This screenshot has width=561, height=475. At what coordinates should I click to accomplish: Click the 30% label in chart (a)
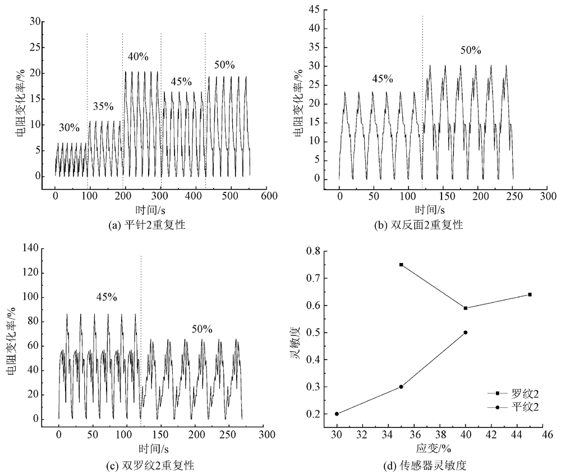(x=69, y=128)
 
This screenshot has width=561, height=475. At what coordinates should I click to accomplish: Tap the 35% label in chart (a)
(x=103, y=107)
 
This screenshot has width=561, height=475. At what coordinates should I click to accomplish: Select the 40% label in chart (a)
(x=137, y=57)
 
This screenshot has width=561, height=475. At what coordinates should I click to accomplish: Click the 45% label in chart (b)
(x=383, y=79)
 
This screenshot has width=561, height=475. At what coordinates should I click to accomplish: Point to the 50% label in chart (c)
(x=201, y=329)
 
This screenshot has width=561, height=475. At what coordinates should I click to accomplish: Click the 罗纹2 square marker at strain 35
(x=401, y=265)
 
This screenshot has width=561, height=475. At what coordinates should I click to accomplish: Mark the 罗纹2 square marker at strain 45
(x=530, y=294)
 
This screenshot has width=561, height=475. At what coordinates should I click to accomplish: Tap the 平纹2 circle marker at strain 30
(x=337, y=414)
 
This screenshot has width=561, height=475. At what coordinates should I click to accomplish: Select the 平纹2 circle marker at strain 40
(x=466, y=333)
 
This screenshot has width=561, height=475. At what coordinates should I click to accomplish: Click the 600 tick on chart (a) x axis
(x=269, y=196)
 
